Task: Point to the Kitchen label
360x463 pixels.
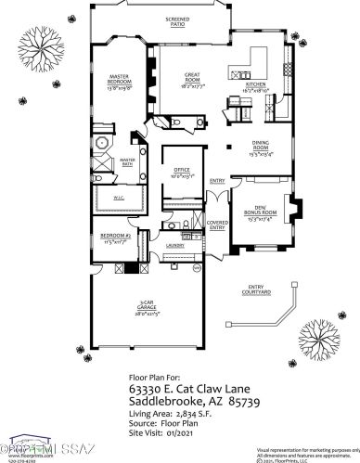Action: coord(256,85)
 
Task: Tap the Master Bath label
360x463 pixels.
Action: coord(128,161)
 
